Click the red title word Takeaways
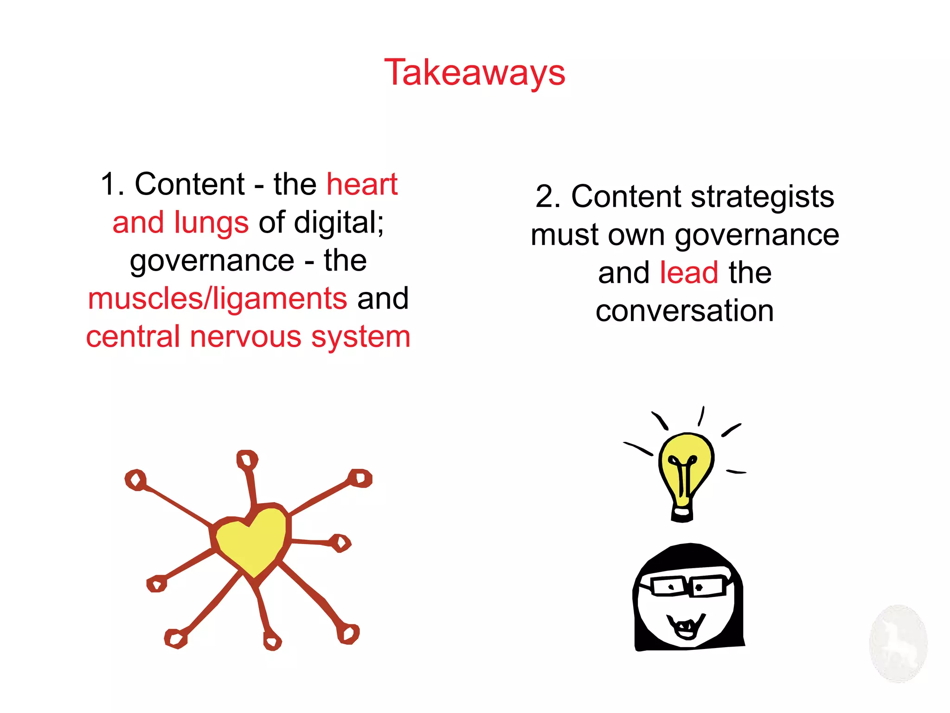(x=475, y=73)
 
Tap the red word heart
(x=362, y=184)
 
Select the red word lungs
(x=211, y=222)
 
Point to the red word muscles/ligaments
(x=217, y=298)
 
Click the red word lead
(x=689, y=272)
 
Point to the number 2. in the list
(x=548, y=196)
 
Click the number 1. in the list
(x=112, y=184)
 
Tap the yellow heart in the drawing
(x=251, y=540)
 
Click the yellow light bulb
(x=686, y=469)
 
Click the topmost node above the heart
(x=247, y=460)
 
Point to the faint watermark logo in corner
(x=898, y=643)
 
